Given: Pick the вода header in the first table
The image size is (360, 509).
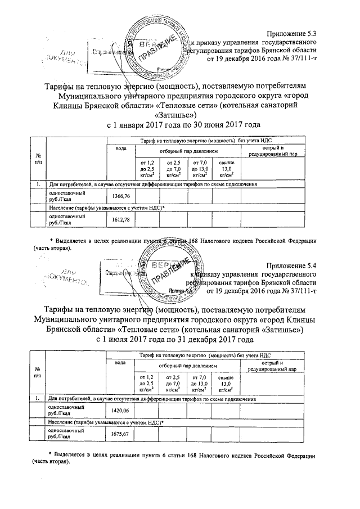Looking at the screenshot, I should (x=120, y=148).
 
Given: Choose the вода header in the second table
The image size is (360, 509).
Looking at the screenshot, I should (x=120, y=363).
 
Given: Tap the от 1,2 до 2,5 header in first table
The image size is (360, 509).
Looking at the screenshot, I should (x=147, y=169).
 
